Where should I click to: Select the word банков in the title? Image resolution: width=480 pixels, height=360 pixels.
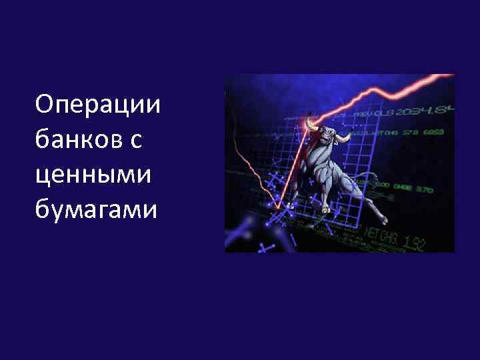click(78, 139)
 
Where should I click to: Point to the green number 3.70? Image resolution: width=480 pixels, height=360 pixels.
click(424, 190)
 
